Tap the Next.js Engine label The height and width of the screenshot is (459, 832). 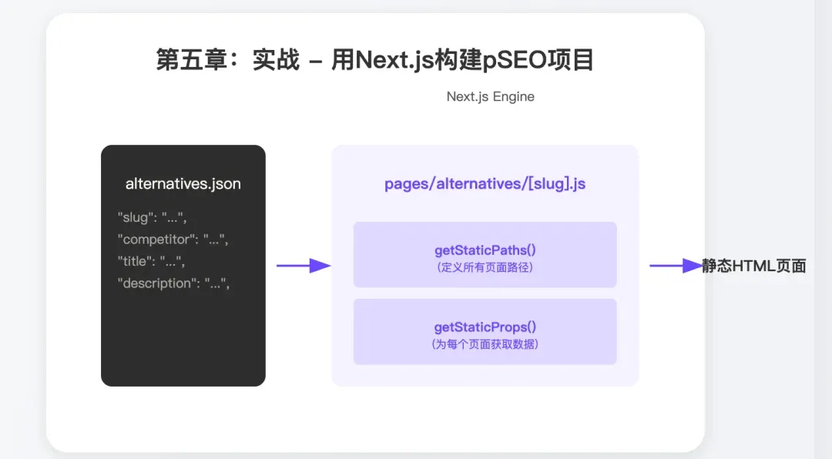pyautogui.click(x=490, y=97)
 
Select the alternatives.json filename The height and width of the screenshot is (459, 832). pyautogui.click(x=183, y=184)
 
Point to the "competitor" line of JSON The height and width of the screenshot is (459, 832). pyautogui.click(x=173, y=240)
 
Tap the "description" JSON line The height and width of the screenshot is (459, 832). pyautogui.click(x=174, y=283)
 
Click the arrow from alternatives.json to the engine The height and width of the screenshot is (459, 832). pyautogui.click(x=303, y=266)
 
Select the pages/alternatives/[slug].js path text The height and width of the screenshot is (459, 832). pyautogui.click(x=485, y=185)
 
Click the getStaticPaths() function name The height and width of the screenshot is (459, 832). pyautogui.click(x=485, y=251)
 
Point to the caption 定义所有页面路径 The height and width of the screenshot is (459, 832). pyautogui.click(x=485, y=268)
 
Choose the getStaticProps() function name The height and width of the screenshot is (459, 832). pyautogui.click(x=485, y=327)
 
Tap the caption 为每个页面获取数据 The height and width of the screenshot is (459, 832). pyautogui.click(x=485, y=344)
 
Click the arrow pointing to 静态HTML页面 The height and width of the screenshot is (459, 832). pyautogui.click(x=675, y=266)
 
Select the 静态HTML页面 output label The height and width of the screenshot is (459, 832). pyautogui.click(x=753, y=266)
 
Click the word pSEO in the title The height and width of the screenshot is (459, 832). pyautogui.click(x=512, y=60)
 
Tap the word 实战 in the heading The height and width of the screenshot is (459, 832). pyautogui.click(x=276, y=60)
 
